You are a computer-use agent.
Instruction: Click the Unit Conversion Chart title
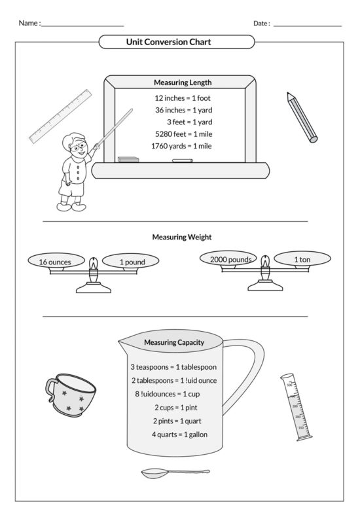point(177,42)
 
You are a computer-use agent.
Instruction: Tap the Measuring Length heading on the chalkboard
point(182,82)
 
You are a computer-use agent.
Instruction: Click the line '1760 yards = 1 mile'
point(181,145)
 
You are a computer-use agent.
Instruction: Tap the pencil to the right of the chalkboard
point(302,117)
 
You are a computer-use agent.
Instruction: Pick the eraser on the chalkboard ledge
point(129,159)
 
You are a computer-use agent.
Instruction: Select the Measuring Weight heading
point(182,237)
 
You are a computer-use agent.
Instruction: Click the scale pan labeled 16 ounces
point(55,262)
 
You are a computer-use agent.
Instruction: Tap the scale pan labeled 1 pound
point(132,262)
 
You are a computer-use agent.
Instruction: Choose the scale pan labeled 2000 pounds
point(230,259)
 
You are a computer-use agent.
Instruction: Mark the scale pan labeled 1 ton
point(302,259)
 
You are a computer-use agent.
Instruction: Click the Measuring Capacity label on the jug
point(174,342)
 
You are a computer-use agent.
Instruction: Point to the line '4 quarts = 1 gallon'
point(180,434)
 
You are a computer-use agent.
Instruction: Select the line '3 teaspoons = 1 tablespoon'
point(173,367)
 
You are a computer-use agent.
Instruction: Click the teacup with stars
point(70,395)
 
